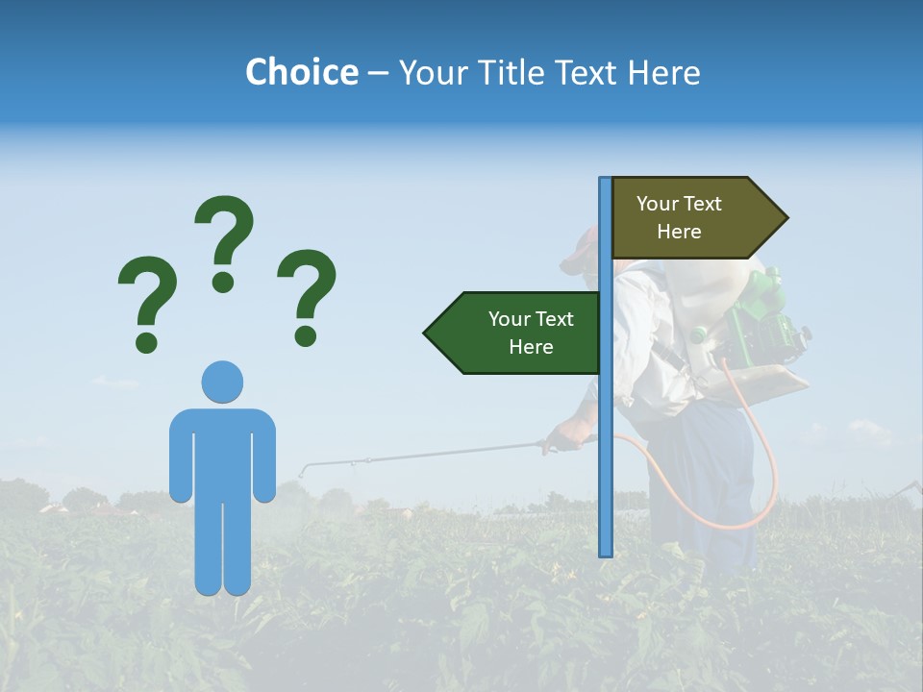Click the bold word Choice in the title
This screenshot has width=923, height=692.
click(301, 72)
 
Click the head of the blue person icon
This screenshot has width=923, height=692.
click(222, 382)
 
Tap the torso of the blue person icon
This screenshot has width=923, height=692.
click(222, 452)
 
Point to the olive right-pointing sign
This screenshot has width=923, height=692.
click(692, 218)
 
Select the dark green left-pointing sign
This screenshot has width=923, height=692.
click(519, 333)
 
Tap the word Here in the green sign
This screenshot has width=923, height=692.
click(531, 347)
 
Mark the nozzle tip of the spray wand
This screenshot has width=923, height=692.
click(303, 472)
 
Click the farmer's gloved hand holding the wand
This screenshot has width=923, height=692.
click(562, 440)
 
